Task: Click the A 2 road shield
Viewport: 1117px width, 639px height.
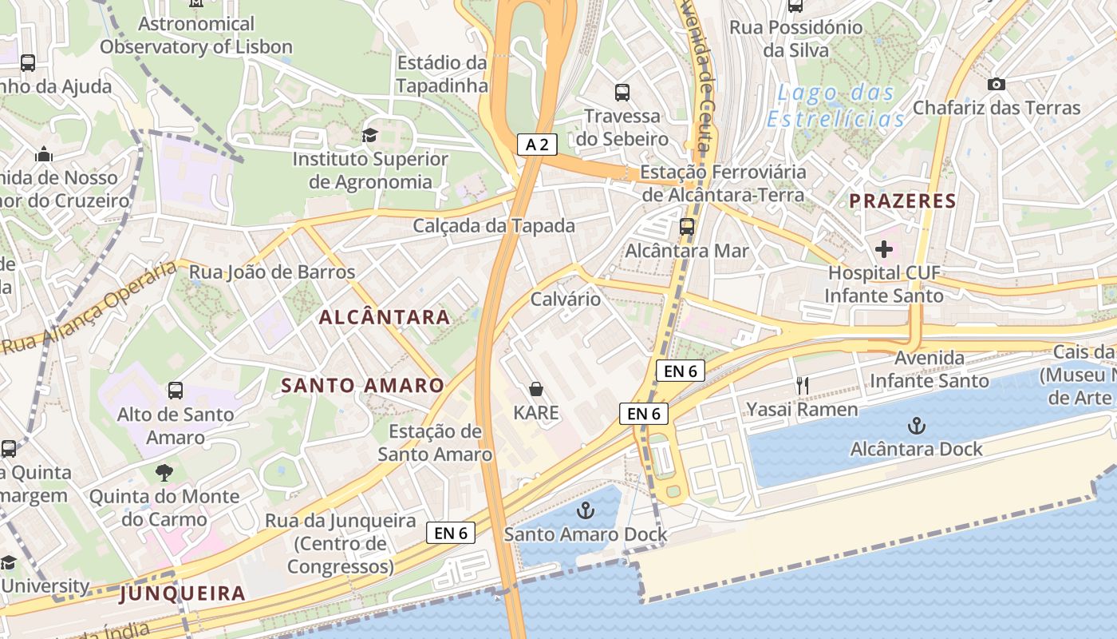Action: pyautogui.click(x=537, y=145)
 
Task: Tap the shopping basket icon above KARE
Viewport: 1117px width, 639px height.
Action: pyautogui.click(x=536, y=389)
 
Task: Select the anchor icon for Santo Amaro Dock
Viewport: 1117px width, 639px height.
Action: pyautogui.click(x=586, y=509)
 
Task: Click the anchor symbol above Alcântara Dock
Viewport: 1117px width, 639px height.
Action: pyautogui.click(x=917, y=424)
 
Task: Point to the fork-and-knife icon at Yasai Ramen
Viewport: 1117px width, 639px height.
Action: pyautogui.click(x=803, y=386)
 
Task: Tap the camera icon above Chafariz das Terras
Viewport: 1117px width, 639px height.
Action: pyautogui.click(x=996, y=84)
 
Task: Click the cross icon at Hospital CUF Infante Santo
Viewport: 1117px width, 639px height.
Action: pyautogui.click(x=883, y=249)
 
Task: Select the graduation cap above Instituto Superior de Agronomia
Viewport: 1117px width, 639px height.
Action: pyautogui.click(x=369, y=135)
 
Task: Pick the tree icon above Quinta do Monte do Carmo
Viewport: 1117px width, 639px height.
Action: pyautogui.click(x=164, y=472)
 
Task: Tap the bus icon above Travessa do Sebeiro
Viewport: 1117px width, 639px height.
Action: pyautogui.click(x=622, y=93)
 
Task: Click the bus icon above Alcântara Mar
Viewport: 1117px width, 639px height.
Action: pyautogui.click(x=687, y=227)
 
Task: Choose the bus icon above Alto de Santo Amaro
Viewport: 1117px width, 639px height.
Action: pyautogui.click(x=176, y=391)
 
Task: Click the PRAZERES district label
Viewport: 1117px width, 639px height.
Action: pyautogui.click(x=902, y=200)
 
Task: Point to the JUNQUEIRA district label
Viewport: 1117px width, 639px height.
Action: pyautogui.click(x=183, y=593)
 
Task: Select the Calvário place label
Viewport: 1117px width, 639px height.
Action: pyautogui.click(x=566, y=299)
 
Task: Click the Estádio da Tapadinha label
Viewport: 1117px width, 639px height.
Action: pyautogui.click(x=442, y=73)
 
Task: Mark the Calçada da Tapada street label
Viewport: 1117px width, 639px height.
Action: pyautogui.click(x=494, y=226)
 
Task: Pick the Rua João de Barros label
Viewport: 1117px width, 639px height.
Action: pyautogui.click(x=272, y=272)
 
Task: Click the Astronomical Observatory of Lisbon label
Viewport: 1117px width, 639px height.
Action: pyautogui.click(x=196, y=35)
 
